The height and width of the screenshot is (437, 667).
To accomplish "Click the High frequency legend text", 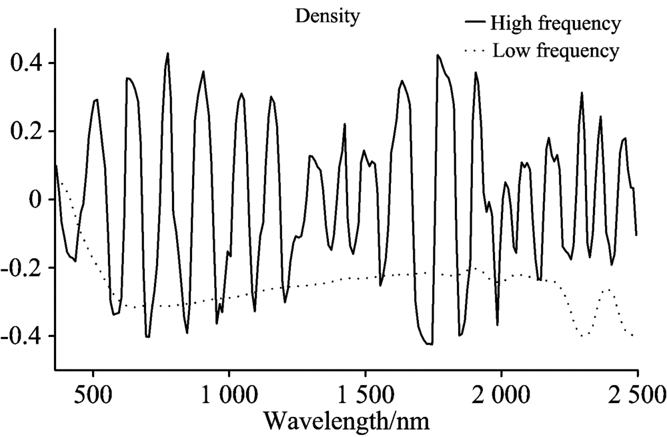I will (x=556, y=24).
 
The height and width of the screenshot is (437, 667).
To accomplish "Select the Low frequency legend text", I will (x=556, y=50).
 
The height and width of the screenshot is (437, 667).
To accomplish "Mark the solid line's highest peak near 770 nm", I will (x=167, y=53).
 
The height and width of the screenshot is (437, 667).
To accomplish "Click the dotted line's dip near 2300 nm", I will (x=583, y=336).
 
